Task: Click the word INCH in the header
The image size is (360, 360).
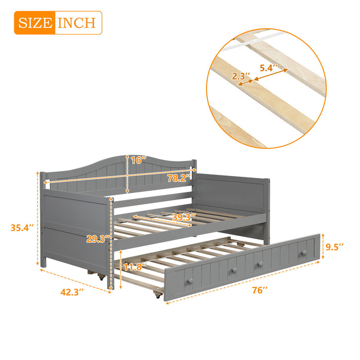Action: click(76, 23)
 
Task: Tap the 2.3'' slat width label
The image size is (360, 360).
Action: click(241, 77)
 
